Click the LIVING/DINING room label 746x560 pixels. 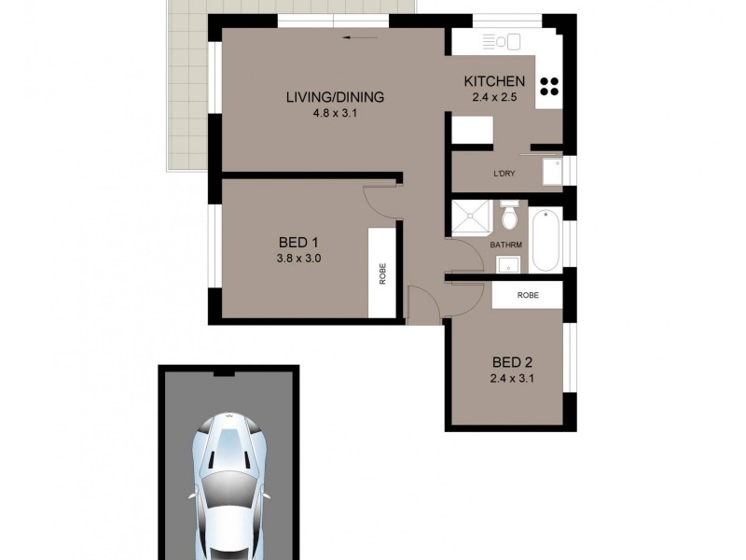click(x=335, y=97)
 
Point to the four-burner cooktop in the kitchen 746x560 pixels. click(x=549, y=86)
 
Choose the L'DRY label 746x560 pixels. click(x=504, y=174)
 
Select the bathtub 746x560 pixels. click(x=547, y=241)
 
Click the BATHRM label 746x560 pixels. click(x=505, y=245)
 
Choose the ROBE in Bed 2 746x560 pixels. click(x=528, y=295)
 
